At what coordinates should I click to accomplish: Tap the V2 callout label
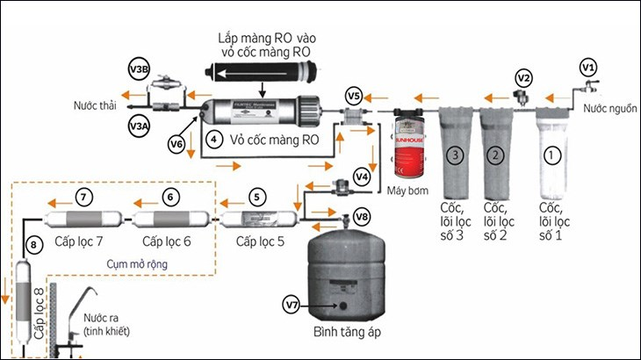pyautogui.click(x=523, y=77)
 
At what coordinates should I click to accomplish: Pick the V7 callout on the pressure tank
pyautogui.click(x=292, y=305)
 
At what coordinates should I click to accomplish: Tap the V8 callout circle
pyautogui.click(x=363, y=216)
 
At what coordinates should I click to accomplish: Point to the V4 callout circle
pyautogui.click(x=362, y=176)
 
